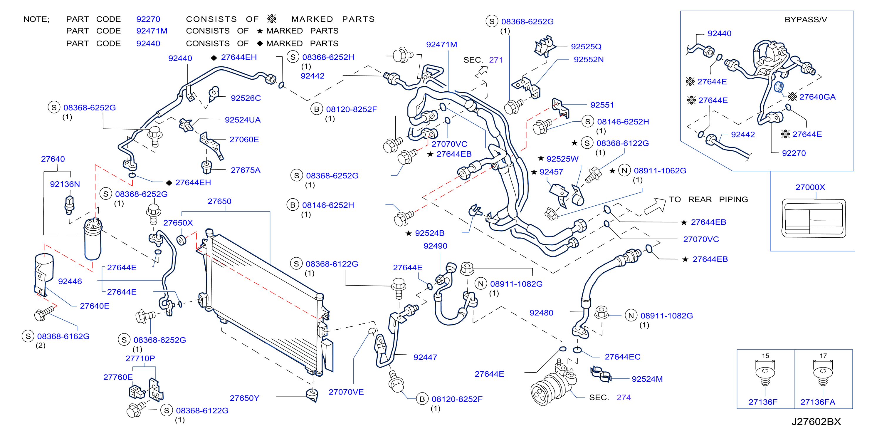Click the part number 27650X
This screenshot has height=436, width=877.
click(178, 223)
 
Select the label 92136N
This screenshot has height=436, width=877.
click(65, 184)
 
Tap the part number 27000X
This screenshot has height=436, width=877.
click(810, 187)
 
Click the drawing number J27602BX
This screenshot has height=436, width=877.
click(816, 422)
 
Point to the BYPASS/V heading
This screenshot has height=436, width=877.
click(806, 19)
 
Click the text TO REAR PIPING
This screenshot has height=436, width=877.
click(708, 199)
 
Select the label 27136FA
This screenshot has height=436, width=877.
click(818, 402)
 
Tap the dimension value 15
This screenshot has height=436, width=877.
click(765, 355)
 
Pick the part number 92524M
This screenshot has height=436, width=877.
click(647, 379)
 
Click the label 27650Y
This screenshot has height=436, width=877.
click(244, 398)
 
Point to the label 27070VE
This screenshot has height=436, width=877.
click(346, 392)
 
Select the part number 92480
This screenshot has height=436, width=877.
click(541, 312)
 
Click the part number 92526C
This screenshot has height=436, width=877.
click(246, 98)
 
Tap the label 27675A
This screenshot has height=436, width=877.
click(246, 170)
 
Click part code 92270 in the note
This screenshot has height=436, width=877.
click(148, 19)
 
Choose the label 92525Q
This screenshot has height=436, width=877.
click(586, 46)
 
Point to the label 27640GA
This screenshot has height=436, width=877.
click(817, 97)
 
